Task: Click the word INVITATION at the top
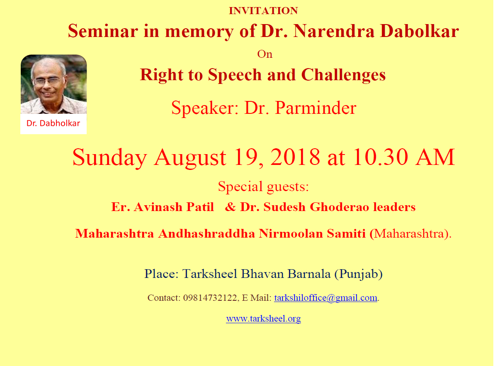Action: [x=263, y=11]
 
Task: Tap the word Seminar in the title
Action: [x=103, y=31]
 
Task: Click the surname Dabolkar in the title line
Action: [x=419, y=31]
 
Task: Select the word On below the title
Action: [x=264, y=54]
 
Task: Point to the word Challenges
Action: [x=343, y=75]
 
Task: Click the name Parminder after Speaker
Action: [x=315, y=108]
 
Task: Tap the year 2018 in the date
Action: [x=295, y=157]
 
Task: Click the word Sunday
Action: [x=109, y=157]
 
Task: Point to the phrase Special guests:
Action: [x=263, y=187]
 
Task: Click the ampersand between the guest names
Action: [x=230, y=207]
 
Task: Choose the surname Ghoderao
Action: [x=339, y=207]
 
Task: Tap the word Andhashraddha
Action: [x=206, y=233]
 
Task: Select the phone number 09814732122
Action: [x=210, y=298]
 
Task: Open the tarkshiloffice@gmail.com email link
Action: [x=325, y=298]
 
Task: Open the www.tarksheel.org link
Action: [x=263, y=319]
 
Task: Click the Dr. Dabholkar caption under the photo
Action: [x=53, y=123]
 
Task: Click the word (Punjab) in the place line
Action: [x=359, y=274]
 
